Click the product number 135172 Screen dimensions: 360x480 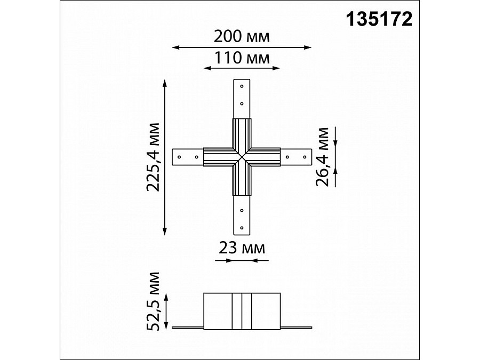379,19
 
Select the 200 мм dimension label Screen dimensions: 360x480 242,37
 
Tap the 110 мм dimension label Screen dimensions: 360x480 242,57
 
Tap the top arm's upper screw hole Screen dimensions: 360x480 242,86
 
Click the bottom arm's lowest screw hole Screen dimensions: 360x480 242,228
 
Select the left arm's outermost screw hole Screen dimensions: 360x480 180,157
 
